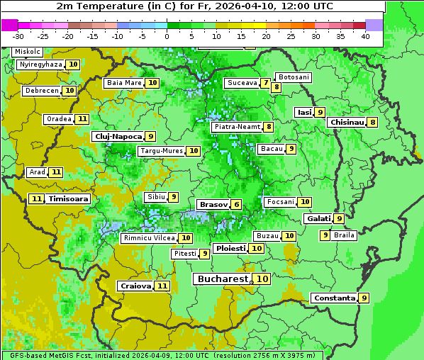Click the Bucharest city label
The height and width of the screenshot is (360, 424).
click(x=222, y=279)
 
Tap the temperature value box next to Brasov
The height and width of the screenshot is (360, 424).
click(x=236, y=205)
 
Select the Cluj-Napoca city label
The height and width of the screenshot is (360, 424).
click(x=117, y=136)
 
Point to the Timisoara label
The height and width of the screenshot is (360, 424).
click(x=69, y=199)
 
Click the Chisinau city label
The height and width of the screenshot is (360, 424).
click(x=347, y=122)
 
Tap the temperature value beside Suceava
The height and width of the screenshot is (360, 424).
click(x=265, y=83)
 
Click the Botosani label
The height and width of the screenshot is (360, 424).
click(x=294, y=77)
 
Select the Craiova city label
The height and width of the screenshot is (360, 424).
click(x=135, y=286)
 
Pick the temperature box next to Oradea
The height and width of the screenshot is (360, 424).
click(x=82, y=119)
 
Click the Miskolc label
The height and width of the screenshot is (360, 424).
click(x=27, y=52)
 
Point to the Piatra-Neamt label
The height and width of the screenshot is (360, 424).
click(x=237, y=127)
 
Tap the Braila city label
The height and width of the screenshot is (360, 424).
click(x=344, y=235)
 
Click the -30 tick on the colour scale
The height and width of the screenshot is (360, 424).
click(x=18, y=35)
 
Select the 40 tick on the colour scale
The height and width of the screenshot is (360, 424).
click(x=365, y=35)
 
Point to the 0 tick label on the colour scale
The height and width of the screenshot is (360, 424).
click(x=167, y=35)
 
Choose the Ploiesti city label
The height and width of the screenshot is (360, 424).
click(x=230, y=249)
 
